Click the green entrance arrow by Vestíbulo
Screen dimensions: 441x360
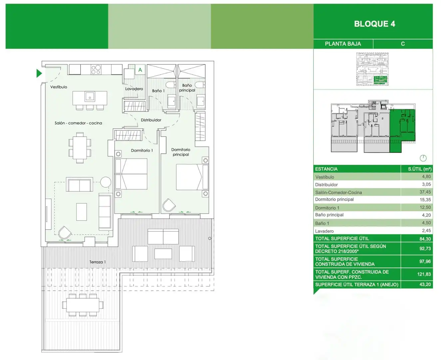coord(39,73)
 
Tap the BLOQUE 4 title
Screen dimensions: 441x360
coord(374,24)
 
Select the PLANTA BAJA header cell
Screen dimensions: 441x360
coord(343,44)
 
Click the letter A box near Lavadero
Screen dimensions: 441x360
coord(140,70)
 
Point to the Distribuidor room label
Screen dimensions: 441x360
coord(151,120)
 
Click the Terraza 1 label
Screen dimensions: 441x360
coord(98,262)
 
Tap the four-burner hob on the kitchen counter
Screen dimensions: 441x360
coord(96,69)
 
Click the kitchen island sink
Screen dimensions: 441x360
coord(90,97)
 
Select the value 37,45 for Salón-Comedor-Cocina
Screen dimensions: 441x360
coord(425,192)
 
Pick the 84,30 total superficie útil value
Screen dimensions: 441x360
coord(425,239)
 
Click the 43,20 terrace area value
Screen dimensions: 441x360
coord(425,284)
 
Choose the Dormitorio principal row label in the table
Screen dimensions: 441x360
coord(334,199)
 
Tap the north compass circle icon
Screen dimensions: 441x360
coord(423,158)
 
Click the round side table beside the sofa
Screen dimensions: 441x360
coord(106,182)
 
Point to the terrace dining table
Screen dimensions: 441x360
coord(83,305)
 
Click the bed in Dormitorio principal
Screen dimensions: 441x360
coord(192,177)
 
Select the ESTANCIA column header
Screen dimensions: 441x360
coord(326,169)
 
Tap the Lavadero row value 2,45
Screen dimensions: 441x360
coord(426,230)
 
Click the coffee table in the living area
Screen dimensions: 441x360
coord(82,212)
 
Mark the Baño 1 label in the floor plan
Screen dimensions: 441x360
coord(158,91)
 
